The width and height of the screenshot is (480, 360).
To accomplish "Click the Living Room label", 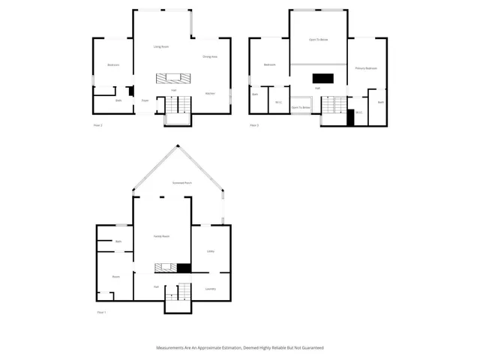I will (160, 46).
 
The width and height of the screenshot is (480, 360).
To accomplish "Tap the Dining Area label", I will (210, 56).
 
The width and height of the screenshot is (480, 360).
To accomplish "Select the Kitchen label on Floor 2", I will (211, 93).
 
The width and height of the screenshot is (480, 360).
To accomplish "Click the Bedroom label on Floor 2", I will (114, 64).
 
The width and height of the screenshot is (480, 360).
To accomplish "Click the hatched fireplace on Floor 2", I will (169, 78).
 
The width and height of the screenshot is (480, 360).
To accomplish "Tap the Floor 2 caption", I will (97, 125).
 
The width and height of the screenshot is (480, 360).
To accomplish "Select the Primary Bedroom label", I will (366, 68).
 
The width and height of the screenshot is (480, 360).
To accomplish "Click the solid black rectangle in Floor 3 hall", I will (322, 77).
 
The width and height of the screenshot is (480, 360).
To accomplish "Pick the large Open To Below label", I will (319, 39).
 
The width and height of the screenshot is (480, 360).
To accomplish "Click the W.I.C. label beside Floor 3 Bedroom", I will (277, 102).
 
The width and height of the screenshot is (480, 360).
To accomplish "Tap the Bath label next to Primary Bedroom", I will (381, 102).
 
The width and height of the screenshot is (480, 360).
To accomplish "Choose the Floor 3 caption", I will (254, 125).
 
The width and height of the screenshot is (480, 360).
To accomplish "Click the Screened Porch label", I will (182, 182).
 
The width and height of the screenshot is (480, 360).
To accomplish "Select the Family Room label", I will (161, 236).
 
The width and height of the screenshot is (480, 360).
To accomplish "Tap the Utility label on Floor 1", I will (211, 251).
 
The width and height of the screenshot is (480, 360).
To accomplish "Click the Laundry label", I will (211, 289).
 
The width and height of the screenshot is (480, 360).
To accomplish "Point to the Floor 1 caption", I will (101, 312).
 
